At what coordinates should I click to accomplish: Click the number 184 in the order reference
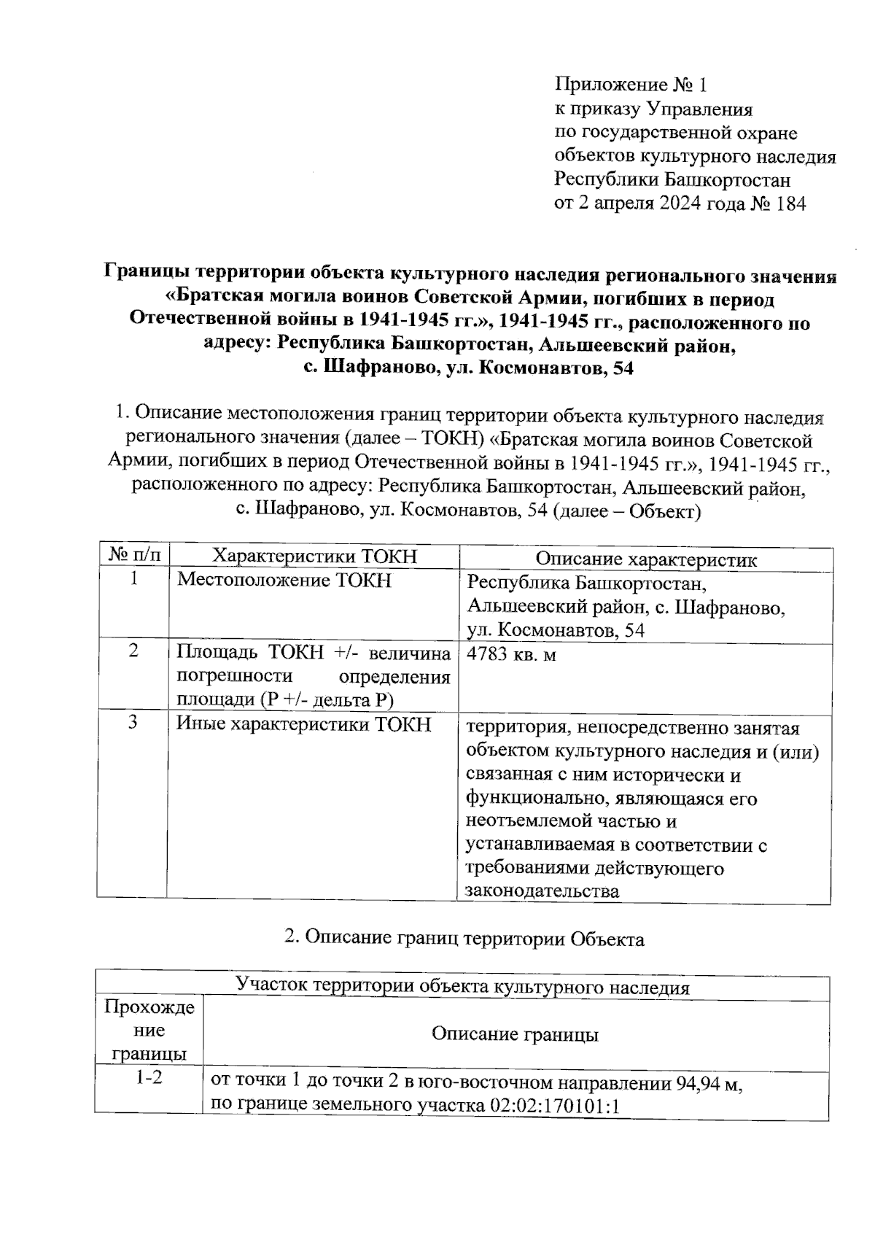(791, 204)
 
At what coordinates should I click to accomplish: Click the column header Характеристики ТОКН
(314, 557)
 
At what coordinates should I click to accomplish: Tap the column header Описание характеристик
(646, 559)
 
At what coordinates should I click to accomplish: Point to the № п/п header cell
(134, 557)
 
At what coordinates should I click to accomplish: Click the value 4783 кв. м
(511, 654)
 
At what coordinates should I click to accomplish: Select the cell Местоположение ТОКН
(285, 581)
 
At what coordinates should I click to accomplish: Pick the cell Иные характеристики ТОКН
(305, 724)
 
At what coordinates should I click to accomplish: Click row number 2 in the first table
(134, 651)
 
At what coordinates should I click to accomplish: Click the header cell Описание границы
(516, 1034)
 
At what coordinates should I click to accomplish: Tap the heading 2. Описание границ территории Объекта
(464, 939)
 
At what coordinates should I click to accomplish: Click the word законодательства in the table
(542, 891)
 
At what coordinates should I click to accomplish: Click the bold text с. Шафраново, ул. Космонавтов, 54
(469, 368)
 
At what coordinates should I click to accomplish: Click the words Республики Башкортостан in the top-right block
(672, 180)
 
